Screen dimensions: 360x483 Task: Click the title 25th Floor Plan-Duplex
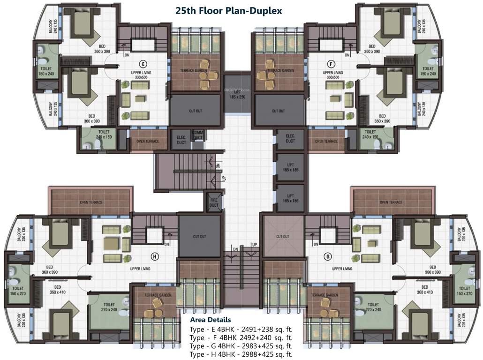point(228,10)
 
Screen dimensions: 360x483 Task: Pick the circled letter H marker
point(154,256)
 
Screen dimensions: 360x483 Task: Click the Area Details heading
point(210,320)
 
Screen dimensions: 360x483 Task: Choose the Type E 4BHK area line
point(241,329)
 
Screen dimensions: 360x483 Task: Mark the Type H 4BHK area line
point(241,354)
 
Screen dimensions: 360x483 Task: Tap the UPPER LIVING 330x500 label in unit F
point(332,75)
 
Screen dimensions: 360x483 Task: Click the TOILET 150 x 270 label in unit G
point(465,291)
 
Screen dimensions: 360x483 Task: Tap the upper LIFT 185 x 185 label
point(290,167)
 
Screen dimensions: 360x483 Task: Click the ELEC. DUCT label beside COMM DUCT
point(181,138)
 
